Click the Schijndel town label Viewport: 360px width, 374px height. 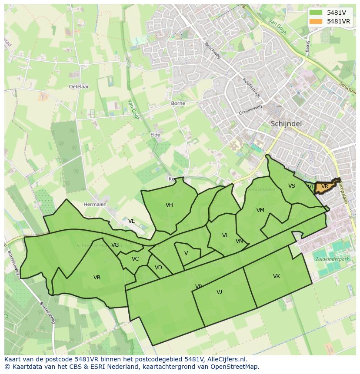[x=286, y=124]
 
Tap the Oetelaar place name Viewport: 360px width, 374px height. [x=79, y=86]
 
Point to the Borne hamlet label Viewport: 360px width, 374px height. [x=178, y=103]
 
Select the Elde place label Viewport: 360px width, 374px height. [x=155, y=135]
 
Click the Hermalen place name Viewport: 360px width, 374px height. [x=95, y=204]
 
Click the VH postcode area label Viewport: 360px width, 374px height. [x=169, y=205]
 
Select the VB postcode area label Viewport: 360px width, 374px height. [x=97, y=277]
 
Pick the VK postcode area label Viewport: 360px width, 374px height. [x=277, y=276]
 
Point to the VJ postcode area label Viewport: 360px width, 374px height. [x=219, y=292]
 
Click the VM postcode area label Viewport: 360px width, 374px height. [x=260, y=210]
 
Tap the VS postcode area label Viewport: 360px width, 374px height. [x=291, y=186]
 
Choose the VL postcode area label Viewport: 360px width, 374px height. [x=225, y=235]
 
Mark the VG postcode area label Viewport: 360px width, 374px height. [x=115, y=245]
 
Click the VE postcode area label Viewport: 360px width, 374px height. [x=131, y=221]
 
